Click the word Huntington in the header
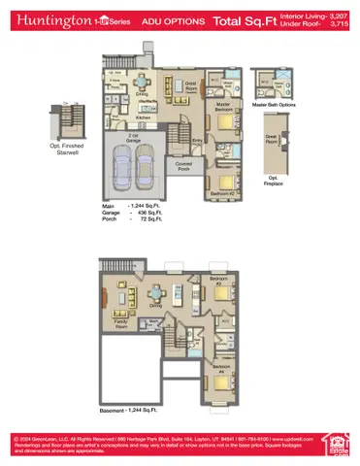click(47, 19)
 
